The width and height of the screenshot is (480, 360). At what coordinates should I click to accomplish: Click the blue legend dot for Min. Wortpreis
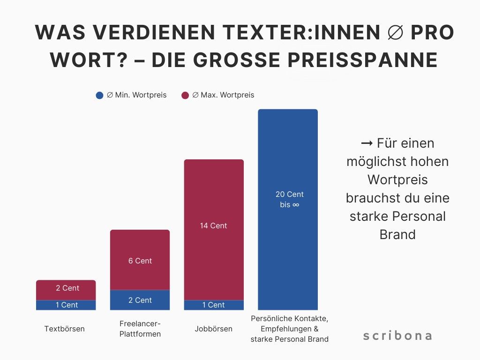click(x=99, y=95)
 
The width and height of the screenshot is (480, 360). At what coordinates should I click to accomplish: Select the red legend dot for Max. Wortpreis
click(x=185, y=95)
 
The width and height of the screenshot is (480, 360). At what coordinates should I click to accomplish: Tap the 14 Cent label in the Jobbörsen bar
click(x=214, y=225)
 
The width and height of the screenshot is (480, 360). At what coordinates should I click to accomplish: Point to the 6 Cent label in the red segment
click(x=140, y=261)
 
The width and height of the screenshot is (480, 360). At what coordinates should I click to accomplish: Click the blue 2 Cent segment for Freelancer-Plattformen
click(x=140, y=300)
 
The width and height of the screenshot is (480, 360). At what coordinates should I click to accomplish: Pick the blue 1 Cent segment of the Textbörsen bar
click(x=66, y=305)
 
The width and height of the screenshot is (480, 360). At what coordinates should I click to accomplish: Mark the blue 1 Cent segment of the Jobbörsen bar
click(x=214, y=305)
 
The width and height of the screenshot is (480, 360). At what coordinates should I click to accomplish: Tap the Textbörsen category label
click(x=65, y=329)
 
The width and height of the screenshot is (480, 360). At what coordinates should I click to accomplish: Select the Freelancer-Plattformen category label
click(x=140, y=329)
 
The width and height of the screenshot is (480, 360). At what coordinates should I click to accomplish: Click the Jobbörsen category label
click(x=213, y=329)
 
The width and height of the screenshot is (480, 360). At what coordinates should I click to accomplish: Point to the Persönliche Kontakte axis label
click(x=289, y=329)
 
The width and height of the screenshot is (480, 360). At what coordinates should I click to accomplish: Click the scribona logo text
click(x=397, y=336)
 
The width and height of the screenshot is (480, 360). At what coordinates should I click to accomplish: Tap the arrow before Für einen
click(x=367, y=143)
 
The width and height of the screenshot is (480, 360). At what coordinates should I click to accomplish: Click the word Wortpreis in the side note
click(x=397, y=180)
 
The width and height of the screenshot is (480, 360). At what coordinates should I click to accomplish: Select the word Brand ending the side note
click(x=397, y=234)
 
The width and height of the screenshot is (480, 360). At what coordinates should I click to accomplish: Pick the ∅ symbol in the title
click(x=397, y=32)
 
